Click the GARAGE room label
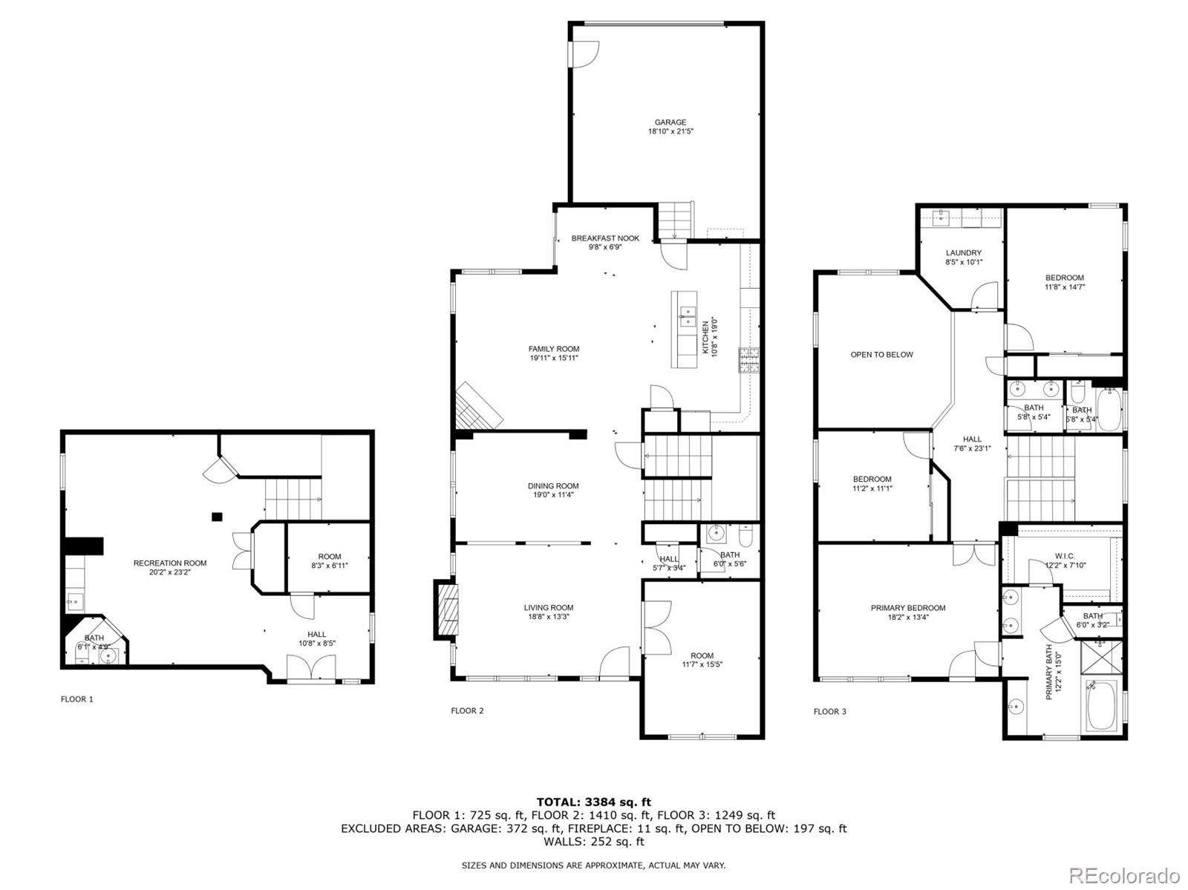[670, 122]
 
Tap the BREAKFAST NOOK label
[605, 238]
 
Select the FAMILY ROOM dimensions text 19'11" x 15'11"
[554, 358]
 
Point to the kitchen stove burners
[748, 360]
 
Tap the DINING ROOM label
[553, 486]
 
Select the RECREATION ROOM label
[170, 563]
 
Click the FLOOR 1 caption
[77, 699]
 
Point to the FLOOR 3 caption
[829, 711]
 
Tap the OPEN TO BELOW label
[881, 355]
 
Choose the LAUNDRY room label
[963, 252]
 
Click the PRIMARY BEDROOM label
[908, 608]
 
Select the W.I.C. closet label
[1065, 556]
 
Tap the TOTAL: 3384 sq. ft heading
[594, 802]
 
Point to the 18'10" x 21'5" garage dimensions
[670, 131]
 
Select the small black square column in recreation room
[217, 517]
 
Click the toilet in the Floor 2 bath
[745, 536]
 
